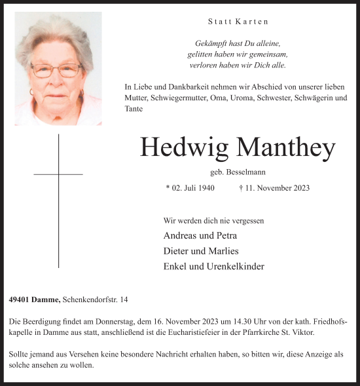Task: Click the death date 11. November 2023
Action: [275, 188]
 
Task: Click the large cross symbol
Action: [58, 197]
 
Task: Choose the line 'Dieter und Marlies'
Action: [200, 251]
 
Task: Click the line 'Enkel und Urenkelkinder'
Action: [213, 267]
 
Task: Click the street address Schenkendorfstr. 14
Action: [95, 300]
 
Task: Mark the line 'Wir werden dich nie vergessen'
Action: [213, 221]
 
